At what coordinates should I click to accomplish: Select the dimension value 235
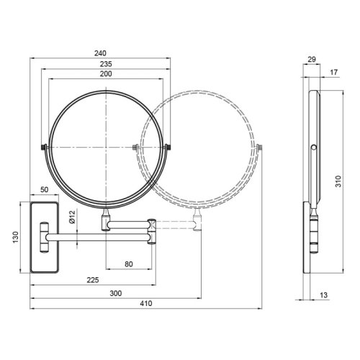pos(106,63)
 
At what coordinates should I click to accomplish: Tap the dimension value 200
pos(106,75)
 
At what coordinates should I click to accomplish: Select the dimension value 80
pos(129,264)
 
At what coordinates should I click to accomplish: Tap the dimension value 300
pos(116,294)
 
